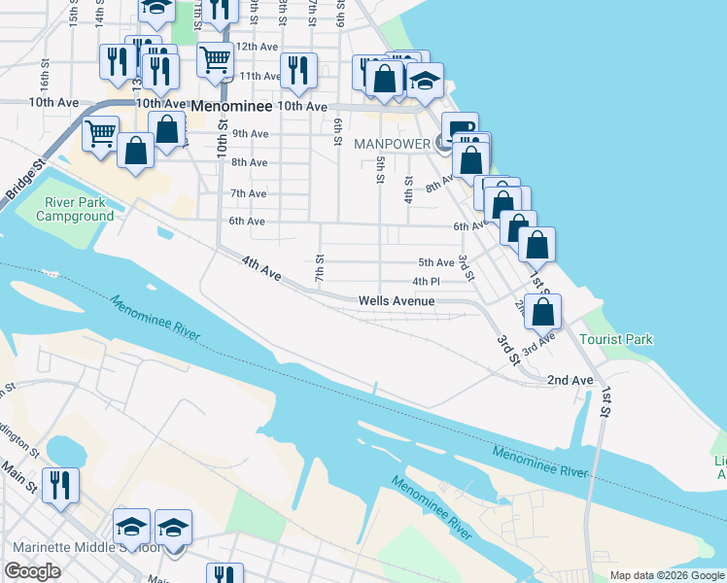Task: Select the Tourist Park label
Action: click(x=616, y=339)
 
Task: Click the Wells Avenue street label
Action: click(x=396, y=301)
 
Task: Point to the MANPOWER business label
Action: click(x=392, y=143)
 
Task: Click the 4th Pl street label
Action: click(x=427, y=282)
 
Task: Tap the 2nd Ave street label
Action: click(x=570, y=380)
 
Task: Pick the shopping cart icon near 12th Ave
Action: click(x=215, y=60)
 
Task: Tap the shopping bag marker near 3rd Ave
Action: click(x=545, y=312)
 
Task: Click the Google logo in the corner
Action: click(x=33, y=571)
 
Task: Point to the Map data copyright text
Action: click(x=666, y=575)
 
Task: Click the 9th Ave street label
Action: click(x=250, y=134)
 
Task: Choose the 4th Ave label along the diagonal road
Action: click(x=261, y=269)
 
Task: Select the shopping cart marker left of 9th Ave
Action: click(x=101, y=135)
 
